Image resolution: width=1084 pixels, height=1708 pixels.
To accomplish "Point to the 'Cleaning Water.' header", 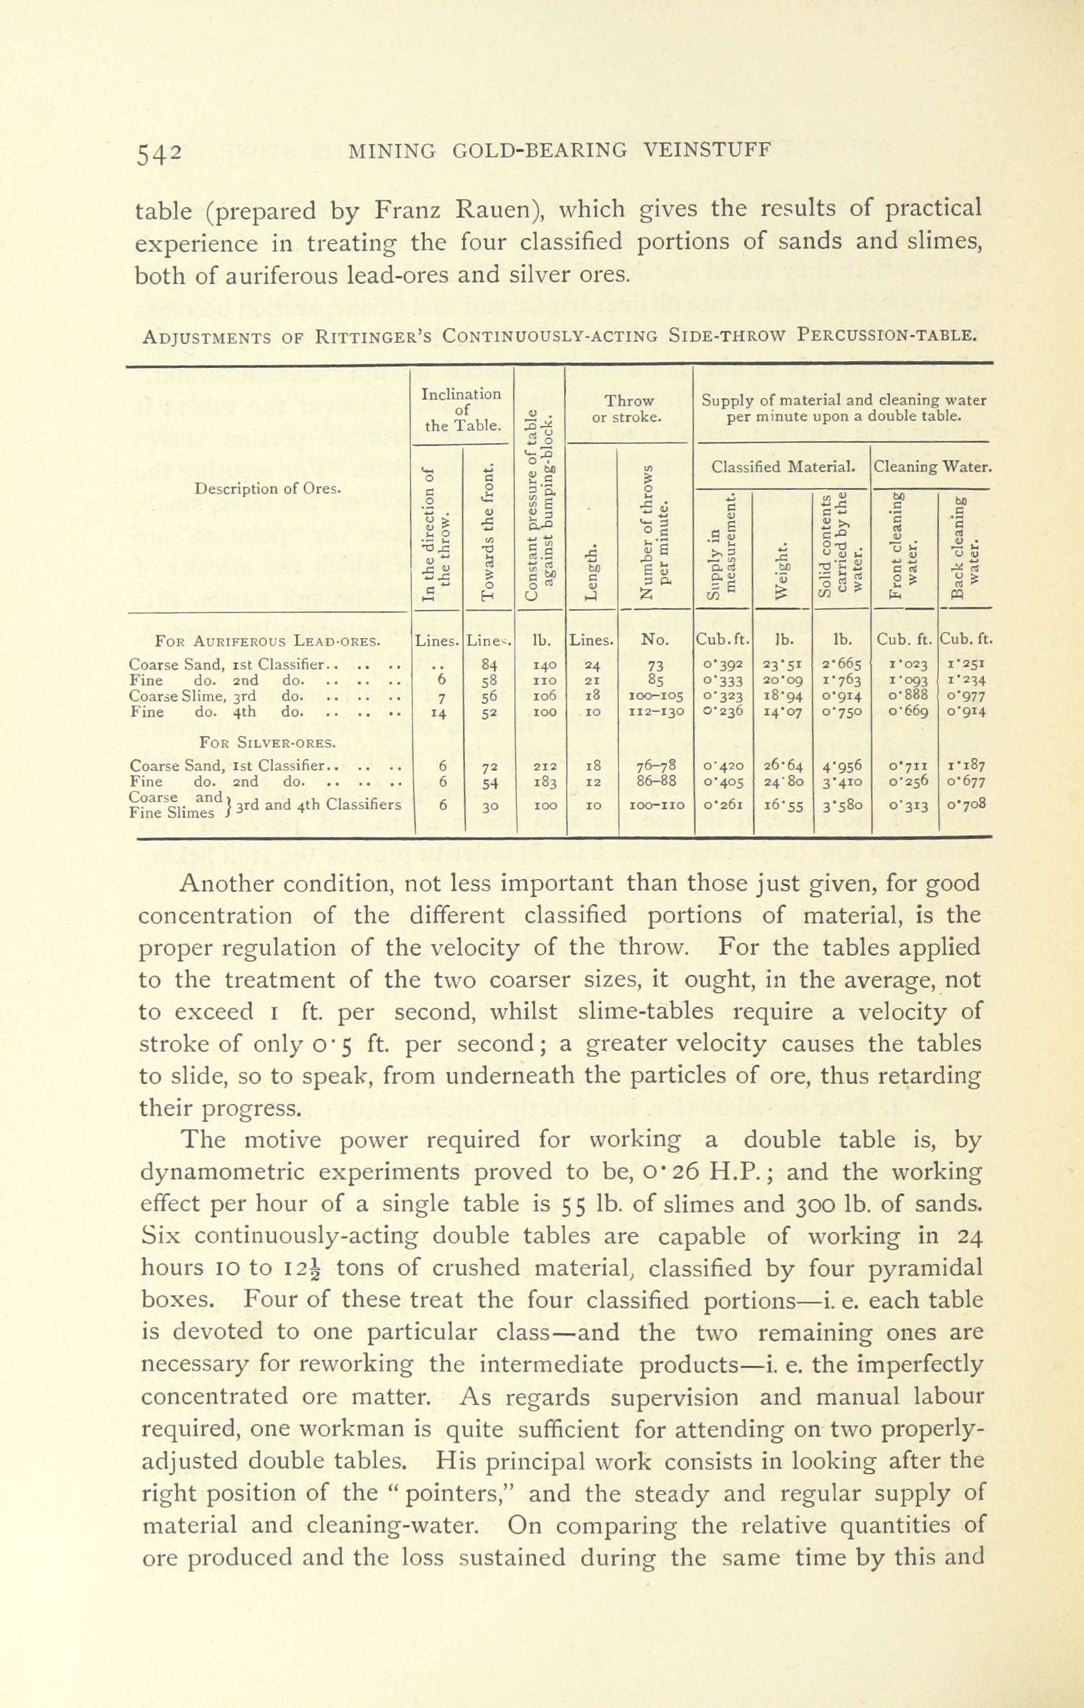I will coord(932,467).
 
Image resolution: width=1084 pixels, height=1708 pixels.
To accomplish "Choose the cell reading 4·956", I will coord(842,766).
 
